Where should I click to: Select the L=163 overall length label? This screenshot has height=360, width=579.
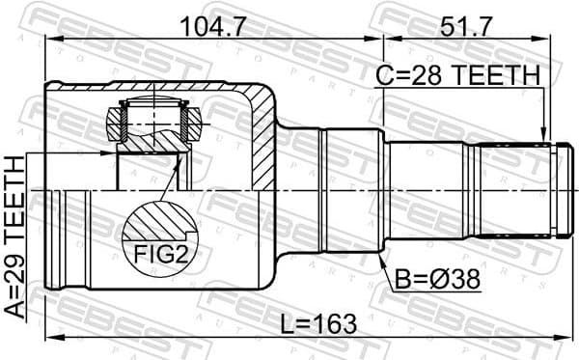click(298, 321)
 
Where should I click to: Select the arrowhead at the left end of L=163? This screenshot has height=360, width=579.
click(50, 336)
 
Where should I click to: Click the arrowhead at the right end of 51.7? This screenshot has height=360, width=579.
click(558, 38)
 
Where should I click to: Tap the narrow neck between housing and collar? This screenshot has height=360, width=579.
click(299, 189)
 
